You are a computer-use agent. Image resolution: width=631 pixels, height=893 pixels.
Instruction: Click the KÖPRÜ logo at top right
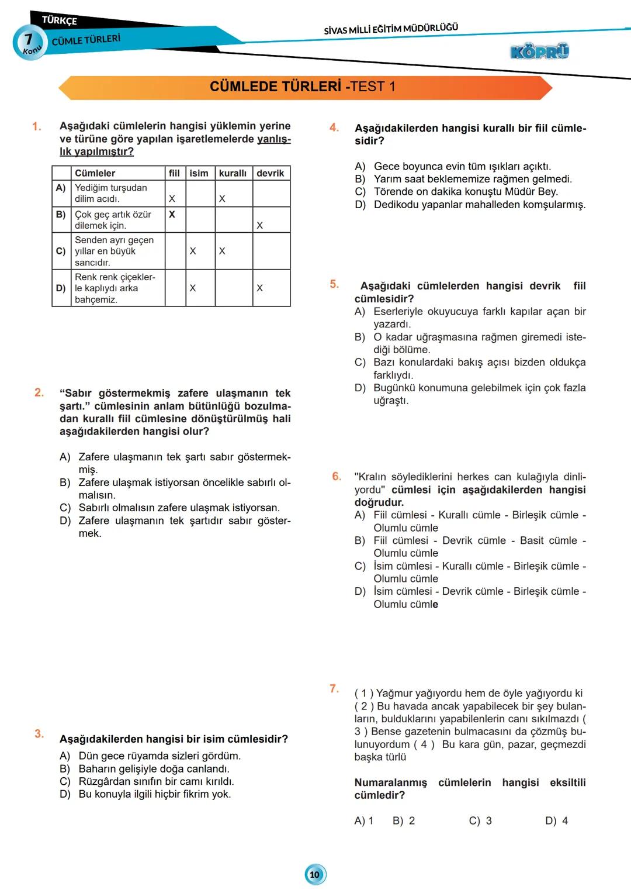[539, 51]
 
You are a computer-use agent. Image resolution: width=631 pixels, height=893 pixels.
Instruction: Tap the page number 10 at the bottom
[315, 874]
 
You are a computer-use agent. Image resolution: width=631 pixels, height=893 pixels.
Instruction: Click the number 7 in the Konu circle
[28, 39]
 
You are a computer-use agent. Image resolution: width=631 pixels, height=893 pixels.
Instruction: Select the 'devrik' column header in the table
[270, 173]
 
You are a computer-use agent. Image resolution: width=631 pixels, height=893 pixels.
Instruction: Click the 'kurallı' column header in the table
[233, 173]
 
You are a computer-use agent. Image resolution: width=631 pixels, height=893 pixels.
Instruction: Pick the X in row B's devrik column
[260, 225]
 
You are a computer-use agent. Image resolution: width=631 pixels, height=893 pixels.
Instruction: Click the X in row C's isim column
[193, 251]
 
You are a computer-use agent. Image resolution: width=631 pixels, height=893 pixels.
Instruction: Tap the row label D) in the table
[61, 288]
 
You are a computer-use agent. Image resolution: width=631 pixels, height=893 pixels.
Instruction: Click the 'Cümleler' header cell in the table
[95, 173]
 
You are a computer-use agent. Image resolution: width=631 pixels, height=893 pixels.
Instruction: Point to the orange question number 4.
[334, 127]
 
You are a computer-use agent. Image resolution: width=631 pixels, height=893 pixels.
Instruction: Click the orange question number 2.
[39, 392]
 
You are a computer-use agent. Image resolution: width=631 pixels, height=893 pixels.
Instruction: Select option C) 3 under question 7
[480, 820]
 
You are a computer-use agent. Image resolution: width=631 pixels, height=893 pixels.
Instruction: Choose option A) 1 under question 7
[363, 820]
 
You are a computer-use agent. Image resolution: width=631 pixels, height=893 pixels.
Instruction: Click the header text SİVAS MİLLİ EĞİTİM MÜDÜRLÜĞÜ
[391, 29]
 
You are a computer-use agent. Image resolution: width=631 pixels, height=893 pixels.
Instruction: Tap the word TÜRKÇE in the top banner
[60, 20]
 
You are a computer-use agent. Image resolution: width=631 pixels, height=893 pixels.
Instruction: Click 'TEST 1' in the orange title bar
[373, 87]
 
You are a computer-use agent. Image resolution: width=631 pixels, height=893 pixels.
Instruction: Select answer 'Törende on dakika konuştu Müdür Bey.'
[466, 191]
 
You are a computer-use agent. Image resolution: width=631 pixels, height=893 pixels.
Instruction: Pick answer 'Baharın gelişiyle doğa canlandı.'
[154, 768]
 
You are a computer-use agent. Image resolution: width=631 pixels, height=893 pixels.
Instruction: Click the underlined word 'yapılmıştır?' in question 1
[104, 151]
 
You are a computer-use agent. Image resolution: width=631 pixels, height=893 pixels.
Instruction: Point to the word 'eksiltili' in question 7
[567, 782]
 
